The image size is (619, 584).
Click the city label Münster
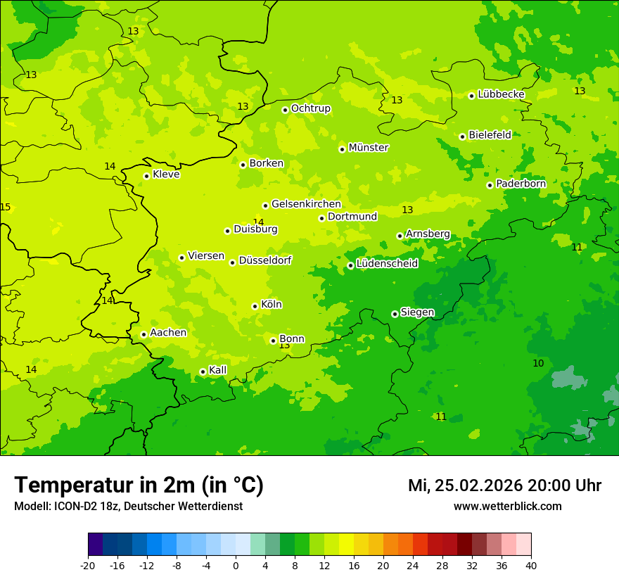[x=369, y=148]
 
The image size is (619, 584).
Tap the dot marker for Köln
[x=255, y=306]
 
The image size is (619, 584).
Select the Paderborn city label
[x=521, y=184]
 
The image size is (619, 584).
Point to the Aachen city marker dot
[x=143, y=335]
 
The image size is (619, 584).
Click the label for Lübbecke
[x=501, y=94]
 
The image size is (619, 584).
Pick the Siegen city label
[x=417, y=312]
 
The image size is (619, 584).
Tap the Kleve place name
[x=166, y=174]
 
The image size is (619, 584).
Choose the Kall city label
[x=218, y=370]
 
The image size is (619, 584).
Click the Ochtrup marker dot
[x=285, y=110]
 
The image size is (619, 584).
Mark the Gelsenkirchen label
[x=306, y=204]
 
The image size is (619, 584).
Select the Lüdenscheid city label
[x=387, y=264]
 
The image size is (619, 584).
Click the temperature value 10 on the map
[x=538, y=363]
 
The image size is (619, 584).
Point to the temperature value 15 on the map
[x=6, y=207]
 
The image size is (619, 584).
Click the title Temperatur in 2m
[x=139, y=485]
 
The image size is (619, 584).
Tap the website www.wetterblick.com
[x=507, y=507]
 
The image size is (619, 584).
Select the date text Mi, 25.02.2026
[x=466, y=485]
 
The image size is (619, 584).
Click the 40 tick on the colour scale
[x=531, y=565]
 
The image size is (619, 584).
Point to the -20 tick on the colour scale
[x=88, y=565]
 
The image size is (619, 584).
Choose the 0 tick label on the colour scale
[x=236, y=565]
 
